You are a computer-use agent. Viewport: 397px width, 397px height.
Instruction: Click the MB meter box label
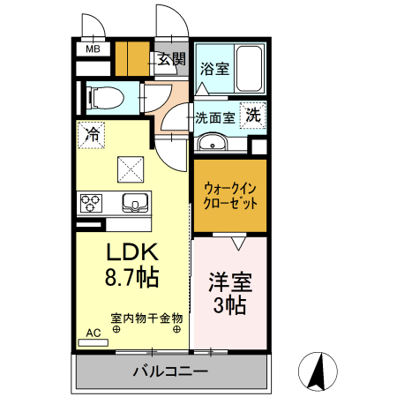click(x=92, y=50)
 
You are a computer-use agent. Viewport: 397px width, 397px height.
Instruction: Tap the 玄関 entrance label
click(x=172, y=60)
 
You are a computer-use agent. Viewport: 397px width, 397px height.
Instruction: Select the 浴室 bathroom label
click(x=213, y=68)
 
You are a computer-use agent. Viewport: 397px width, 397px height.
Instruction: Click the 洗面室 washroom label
click(x=214, y=116)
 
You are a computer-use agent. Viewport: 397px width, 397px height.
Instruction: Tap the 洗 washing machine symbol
click(x=253, y=115)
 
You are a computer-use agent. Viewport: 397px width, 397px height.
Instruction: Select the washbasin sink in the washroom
click(x=211, y=144)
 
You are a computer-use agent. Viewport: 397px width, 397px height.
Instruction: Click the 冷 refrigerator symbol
click(x=91, y=134)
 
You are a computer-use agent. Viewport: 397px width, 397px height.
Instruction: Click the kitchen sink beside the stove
click(x=135, y=203)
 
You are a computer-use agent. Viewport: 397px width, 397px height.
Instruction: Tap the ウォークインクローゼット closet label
click(x=230, y=195)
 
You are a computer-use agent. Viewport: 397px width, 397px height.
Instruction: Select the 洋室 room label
click(x=230, y=283)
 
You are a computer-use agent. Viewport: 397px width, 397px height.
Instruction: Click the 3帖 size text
click(x=228, y=306)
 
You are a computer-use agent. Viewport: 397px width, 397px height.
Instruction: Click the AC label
click(x=93, y=333)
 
